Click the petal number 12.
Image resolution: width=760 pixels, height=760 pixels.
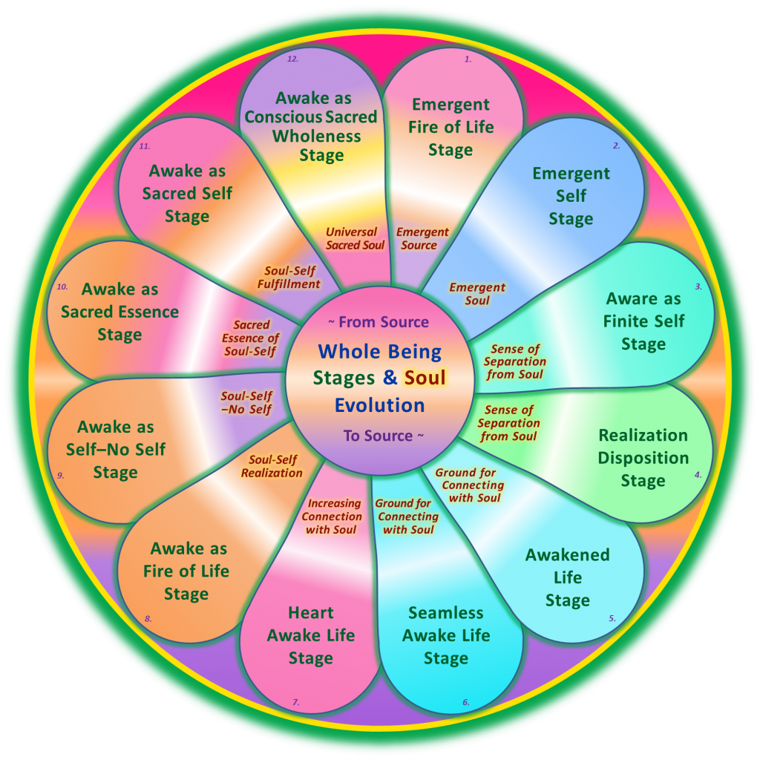coord(292,59)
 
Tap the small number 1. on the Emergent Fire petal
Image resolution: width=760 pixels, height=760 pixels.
coord(468,59)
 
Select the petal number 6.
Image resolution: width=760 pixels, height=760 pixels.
coord(466,702)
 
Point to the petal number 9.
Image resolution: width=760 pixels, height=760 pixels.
coord(61,476)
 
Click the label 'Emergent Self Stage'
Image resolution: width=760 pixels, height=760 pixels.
coord(571,196)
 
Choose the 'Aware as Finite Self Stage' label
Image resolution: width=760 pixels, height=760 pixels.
coord(643,321)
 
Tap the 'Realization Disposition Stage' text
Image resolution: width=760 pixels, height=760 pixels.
coord(643,458)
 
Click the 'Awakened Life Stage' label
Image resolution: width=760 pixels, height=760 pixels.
coord(568,577)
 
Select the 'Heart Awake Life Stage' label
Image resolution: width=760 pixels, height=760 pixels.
coord(311,635)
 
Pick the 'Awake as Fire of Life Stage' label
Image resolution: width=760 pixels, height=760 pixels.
coord(186,571)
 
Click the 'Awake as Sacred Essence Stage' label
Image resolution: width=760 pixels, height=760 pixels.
coord(119,312)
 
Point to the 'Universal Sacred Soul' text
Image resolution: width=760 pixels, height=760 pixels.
coord(355,238)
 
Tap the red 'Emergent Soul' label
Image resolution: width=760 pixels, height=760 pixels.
coord(477,294)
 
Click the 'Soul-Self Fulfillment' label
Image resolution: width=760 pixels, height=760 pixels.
coord(289,278)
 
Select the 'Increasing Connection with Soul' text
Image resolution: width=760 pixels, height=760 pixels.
coord(332,517)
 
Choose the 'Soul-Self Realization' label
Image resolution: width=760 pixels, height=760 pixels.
coord(272,466)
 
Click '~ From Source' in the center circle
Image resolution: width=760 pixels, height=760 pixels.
coord(379,322)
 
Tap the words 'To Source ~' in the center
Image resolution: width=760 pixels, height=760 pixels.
coord(384,436)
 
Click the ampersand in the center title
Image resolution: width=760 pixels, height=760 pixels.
coord(390,377)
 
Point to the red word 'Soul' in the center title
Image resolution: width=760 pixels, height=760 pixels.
coord(425,377)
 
